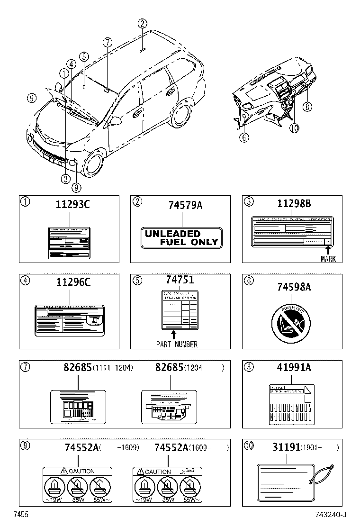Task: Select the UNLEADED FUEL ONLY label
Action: click(x=181, y=237)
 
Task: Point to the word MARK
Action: click(x=328, y=259)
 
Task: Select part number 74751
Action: click(x=180, y=281)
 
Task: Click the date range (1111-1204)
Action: click(x=113, y=368)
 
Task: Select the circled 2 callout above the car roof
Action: click(x=143, y=24)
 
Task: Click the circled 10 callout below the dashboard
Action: click(x=294, y=128)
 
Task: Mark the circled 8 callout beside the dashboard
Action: click(x=307, y=107)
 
